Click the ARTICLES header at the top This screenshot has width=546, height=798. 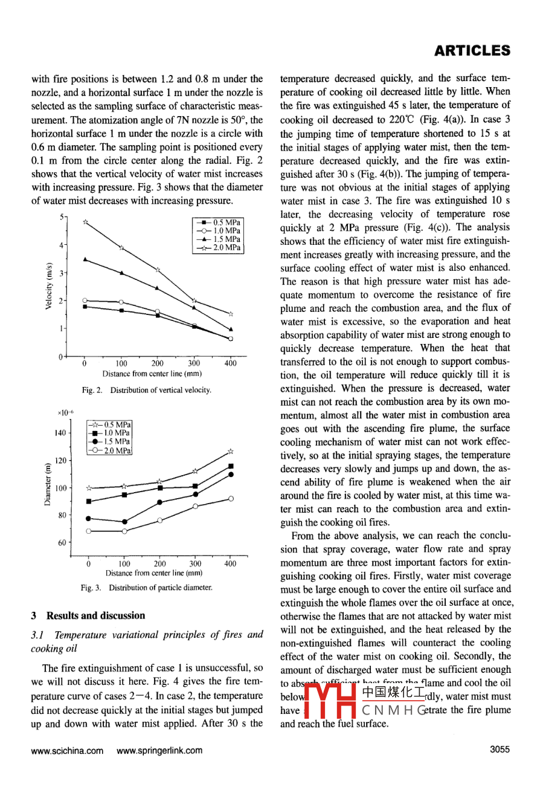(x=472, y=51)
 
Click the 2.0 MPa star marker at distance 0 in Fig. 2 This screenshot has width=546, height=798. (x=85, y=222)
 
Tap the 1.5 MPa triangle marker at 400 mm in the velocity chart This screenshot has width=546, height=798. (x=231, y=329)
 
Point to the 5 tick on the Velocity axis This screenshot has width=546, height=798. (x=61, y=216)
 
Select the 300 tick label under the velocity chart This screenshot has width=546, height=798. (x=194, y=364)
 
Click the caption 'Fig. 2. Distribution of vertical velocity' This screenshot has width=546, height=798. (x=147, y=391)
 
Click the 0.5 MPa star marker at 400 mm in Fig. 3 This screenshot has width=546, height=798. (x=230, y=452)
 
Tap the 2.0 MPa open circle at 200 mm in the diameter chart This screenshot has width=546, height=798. (x=160, y=520)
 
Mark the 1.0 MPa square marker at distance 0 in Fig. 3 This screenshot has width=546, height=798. (x=89, y=501)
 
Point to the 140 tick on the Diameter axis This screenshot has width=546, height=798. (x=60, y=433)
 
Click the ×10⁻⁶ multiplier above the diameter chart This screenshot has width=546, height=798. (x=65, y=412)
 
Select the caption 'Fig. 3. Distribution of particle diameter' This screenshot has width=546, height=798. (x=147, y=588)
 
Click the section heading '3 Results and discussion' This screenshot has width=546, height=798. (x=88, y=615)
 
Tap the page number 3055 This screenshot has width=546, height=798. (x=499, y=750)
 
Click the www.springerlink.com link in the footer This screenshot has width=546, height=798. (x=159, y=751)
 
